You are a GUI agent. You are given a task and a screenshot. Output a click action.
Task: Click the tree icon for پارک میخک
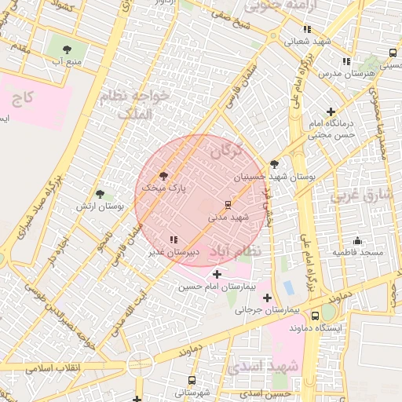coord(163,176)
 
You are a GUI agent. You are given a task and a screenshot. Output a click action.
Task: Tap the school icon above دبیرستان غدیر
coord(174,240)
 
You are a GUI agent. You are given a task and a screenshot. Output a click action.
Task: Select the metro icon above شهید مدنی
coord(228,204)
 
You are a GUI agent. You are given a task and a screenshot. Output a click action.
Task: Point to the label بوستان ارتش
coord(100,206)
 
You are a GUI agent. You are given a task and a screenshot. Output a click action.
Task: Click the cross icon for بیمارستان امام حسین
coord(217,275)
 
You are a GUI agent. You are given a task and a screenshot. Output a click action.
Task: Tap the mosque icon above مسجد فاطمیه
coord(357,241)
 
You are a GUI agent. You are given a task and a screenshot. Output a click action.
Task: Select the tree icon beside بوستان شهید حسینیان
coord(274,164)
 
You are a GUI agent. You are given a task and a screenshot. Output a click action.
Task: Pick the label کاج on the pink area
coord(23,98)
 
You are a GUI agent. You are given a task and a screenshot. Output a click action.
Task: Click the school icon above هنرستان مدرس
coord(346,61)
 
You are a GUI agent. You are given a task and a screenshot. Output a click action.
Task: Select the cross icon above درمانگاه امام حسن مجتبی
coord(331,112)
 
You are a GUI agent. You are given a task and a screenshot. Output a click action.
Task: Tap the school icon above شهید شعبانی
coord(307,29)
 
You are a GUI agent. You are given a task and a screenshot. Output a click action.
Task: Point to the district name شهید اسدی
coord(261,367)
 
